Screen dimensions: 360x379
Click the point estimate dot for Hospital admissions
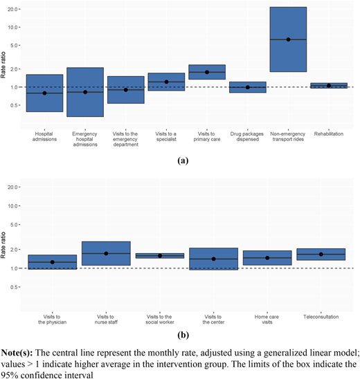[44, 93]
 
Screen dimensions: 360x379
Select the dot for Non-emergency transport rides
[288, 39]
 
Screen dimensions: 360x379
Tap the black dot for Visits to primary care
[207, 72]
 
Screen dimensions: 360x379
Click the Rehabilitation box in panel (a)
[329, 86]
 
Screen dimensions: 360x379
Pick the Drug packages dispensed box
[248, 87]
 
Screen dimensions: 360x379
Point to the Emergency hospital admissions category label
[85, 139]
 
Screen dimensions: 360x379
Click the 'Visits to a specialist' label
[166, 136]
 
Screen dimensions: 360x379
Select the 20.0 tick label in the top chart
[12, 9]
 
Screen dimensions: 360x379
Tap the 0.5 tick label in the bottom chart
[14, 287]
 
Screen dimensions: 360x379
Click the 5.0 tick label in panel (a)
[14, 46]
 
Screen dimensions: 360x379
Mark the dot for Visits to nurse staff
[106, 253]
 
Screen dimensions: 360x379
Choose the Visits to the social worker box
[160, 256]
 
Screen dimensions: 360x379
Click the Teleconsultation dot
[321, 255]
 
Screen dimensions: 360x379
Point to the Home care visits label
[267, 320]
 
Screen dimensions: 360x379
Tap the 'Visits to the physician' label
[52, 320]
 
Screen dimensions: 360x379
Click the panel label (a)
[183, 160]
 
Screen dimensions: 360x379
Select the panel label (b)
[183, 335]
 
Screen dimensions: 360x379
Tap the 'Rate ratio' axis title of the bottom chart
[3, 245]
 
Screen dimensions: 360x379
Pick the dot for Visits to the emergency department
[126, 90]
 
